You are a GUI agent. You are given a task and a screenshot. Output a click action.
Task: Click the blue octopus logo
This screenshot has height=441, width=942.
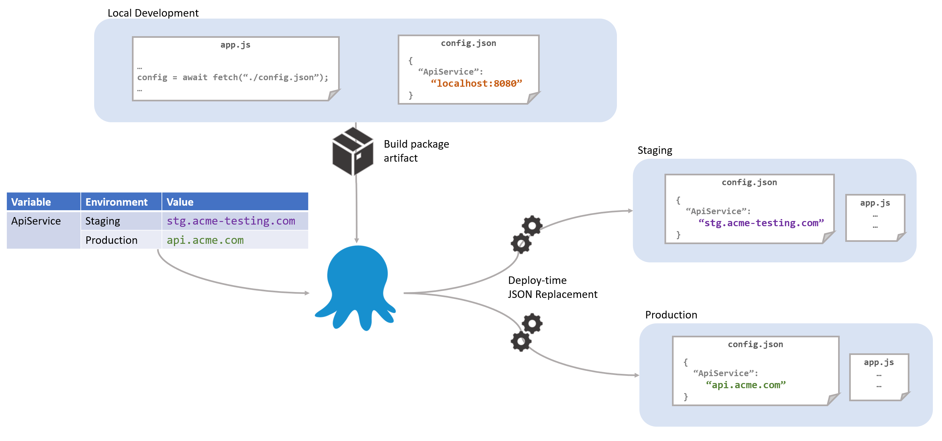357,286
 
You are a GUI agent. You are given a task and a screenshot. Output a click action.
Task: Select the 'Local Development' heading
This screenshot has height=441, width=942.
153,13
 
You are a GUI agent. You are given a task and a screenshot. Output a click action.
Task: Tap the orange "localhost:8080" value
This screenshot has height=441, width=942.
476,84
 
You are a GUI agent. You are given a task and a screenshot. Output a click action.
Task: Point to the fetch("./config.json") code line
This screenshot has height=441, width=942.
233,78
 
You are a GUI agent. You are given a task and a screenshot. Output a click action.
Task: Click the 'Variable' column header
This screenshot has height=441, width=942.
31,202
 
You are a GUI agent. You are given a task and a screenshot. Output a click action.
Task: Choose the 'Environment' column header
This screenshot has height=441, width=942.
116,202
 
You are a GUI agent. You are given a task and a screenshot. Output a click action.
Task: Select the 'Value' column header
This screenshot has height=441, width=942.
180,202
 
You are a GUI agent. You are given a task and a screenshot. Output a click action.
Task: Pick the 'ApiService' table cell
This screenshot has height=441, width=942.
36,221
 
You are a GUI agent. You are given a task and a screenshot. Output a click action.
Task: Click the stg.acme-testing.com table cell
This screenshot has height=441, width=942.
231,221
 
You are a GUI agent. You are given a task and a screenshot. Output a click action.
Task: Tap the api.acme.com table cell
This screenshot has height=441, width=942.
205,241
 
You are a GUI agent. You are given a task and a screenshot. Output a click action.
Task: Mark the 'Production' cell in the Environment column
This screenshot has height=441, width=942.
111,241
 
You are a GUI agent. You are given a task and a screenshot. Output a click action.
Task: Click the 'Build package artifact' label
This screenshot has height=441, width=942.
416,151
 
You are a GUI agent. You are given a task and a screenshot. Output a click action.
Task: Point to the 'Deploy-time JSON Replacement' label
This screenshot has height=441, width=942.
552,287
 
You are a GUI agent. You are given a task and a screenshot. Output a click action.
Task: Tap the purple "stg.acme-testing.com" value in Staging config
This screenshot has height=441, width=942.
761,223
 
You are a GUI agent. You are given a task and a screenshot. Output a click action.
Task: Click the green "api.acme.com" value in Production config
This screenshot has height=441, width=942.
746,385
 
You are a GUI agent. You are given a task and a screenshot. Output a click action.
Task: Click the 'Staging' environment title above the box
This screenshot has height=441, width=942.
655,150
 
